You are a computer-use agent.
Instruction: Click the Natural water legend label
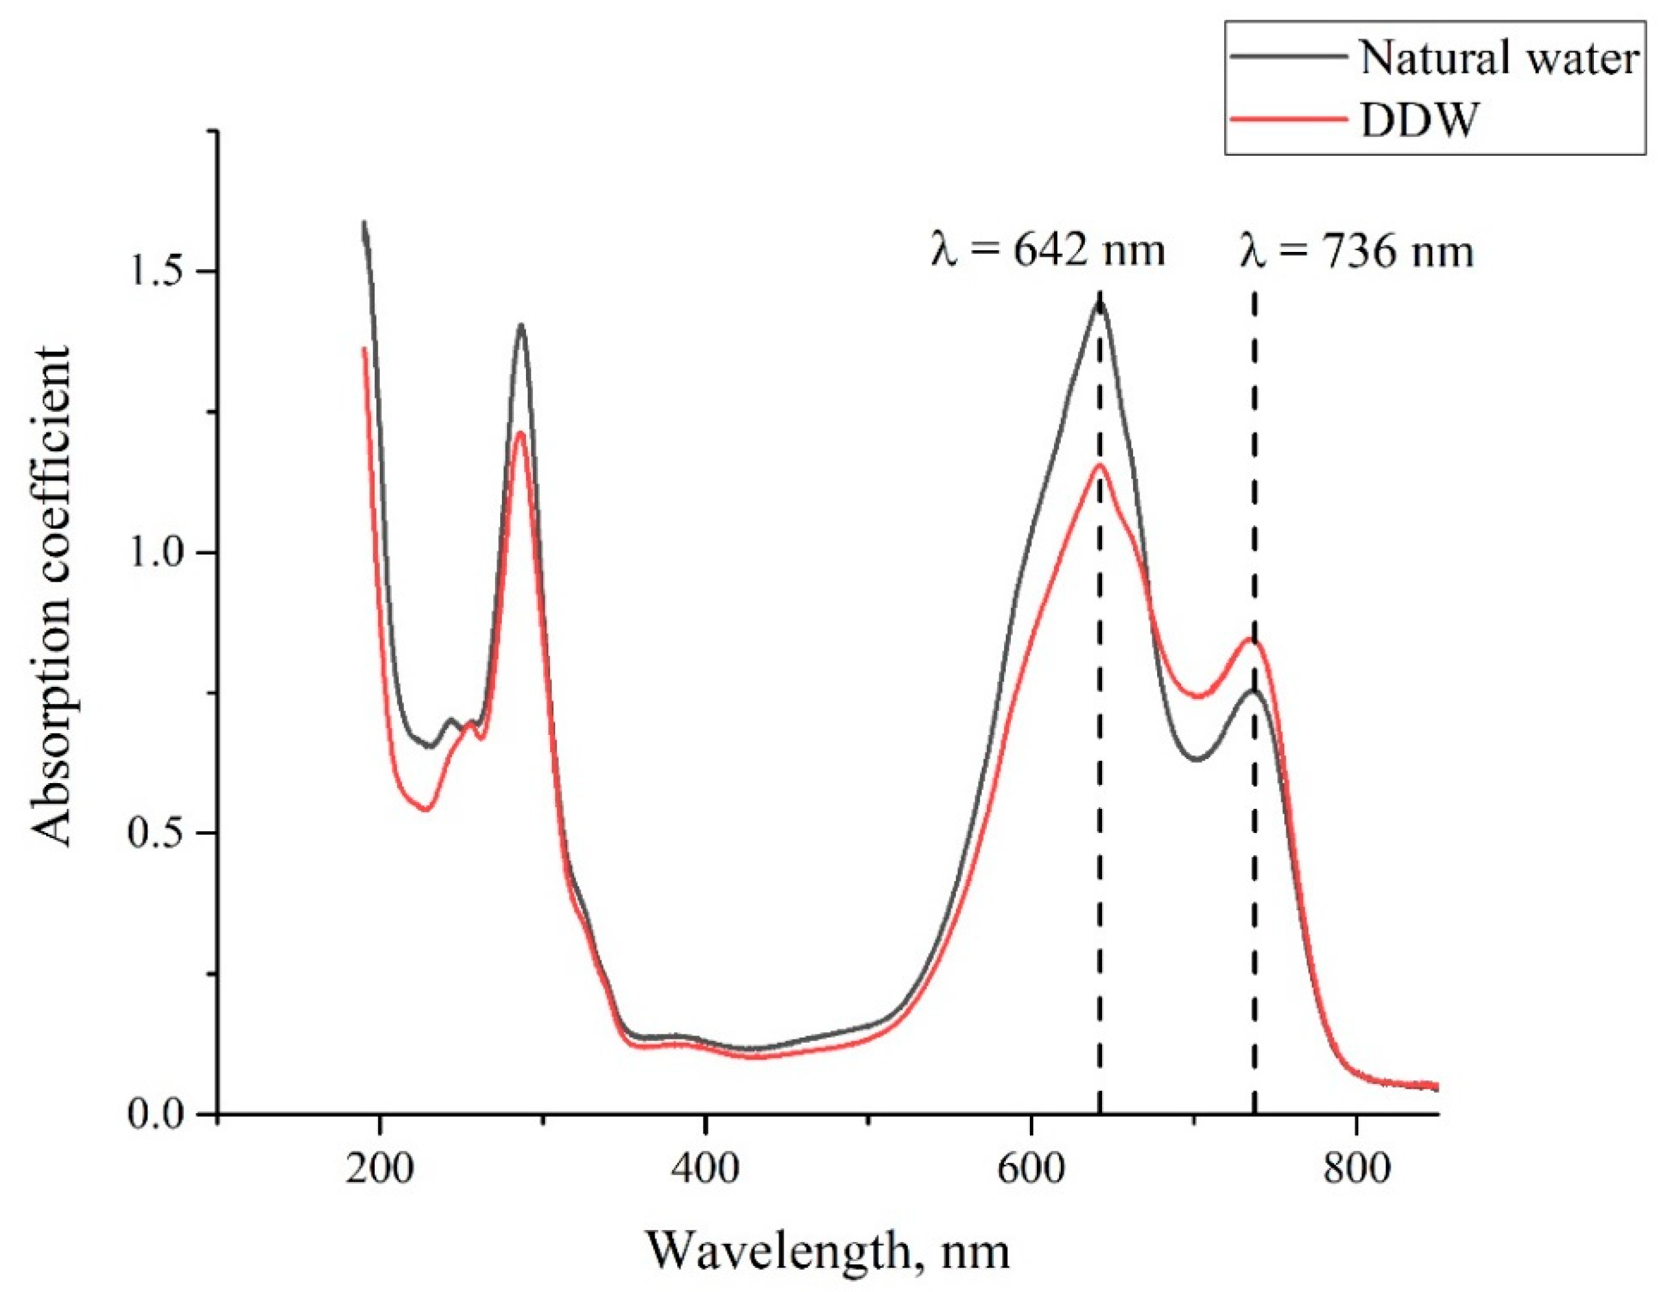[1498, 58]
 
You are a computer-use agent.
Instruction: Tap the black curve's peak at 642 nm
[1099, 303]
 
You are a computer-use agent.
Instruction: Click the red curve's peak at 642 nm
[1100, 465]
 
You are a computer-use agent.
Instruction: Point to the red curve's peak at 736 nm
[1250, 639]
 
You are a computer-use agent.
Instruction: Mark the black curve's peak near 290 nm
[521, 325]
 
